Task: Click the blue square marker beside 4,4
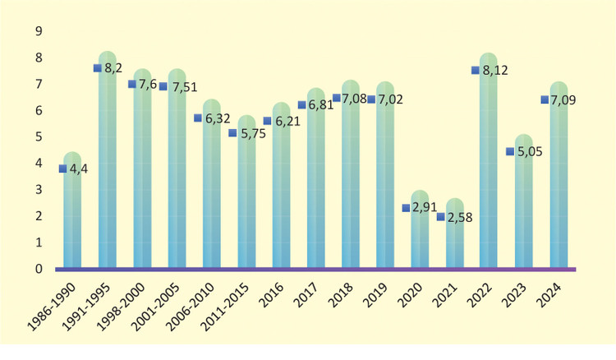click(x=62, y=168)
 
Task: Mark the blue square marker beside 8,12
click(x=475, y=71)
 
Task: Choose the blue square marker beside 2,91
click(x=406, y=208)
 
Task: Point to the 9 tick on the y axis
click(x=38, y=31)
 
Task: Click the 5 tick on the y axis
click(x=38, y=136)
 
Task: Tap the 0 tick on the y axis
click(x=38, y=269)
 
